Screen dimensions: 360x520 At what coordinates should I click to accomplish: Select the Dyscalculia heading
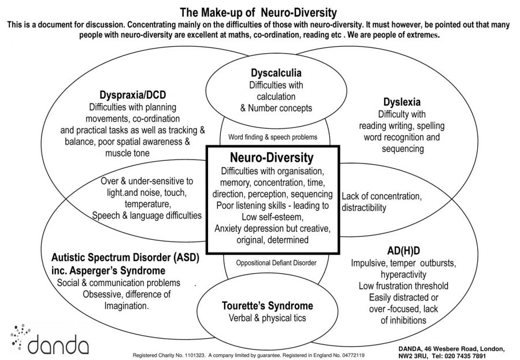coord(276,73)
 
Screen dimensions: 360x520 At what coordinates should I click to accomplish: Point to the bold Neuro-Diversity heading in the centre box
coord(272,158)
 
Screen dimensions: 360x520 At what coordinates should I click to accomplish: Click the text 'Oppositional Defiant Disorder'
coord(276,262)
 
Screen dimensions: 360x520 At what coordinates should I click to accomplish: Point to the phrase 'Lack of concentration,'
coord(382,196)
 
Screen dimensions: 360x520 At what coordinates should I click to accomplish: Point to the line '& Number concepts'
coord(276,107)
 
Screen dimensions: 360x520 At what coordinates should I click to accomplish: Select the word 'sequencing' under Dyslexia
coord(402,149)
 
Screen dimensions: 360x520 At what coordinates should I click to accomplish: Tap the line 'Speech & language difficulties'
coord(147,215)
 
